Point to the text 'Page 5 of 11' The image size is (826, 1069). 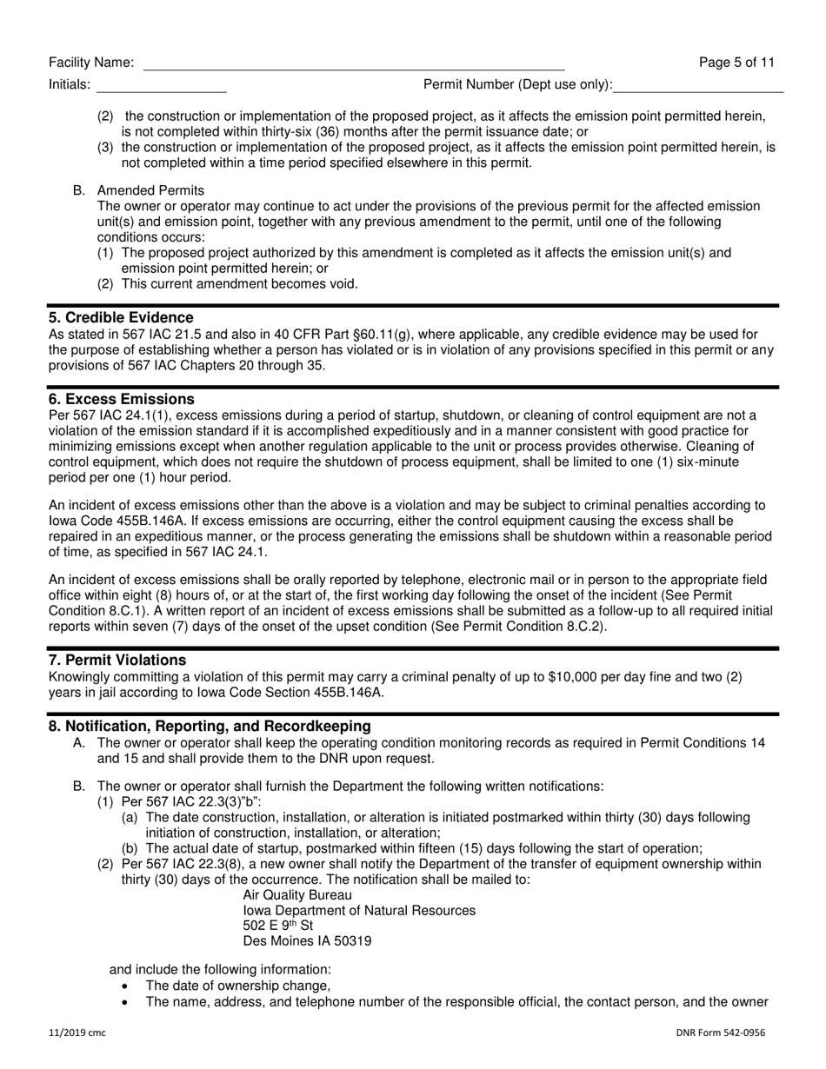pos(736,63)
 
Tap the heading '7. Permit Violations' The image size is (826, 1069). pos(117,661)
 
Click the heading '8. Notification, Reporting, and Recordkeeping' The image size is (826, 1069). pos(210,727)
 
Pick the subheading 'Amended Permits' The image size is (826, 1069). pos(150,190)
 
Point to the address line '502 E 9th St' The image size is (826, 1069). pos(278,926)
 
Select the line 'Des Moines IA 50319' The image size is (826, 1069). pos(307,941)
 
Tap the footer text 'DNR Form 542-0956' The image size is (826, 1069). pos(720,1033)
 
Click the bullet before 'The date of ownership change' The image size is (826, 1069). pos(127,986)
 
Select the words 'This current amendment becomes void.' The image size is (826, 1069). pos(240,284)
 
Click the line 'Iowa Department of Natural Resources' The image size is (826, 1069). pos(359,911)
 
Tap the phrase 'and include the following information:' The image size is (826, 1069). pos(220,969)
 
